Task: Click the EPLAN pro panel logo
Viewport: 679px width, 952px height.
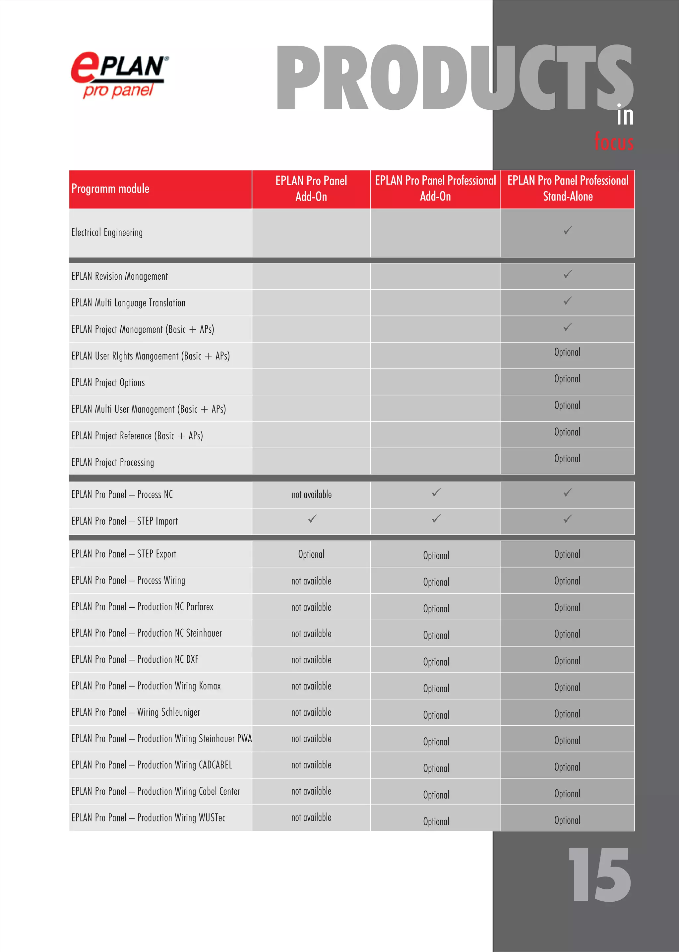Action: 120,74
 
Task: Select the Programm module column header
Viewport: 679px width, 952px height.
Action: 110,189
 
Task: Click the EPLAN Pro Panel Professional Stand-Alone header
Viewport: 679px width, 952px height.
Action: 567,189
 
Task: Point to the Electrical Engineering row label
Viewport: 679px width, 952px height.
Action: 107,232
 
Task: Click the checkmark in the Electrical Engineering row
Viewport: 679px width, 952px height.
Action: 567,230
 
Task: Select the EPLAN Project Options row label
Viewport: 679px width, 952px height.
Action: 108,382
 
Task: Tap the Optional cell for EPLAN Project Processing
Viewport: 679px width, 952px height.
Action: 567,459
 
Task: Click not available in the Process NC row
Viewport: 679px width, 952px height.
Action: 312,495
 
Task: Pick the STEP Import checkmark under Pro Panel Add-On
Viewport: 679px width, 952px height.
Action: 312,519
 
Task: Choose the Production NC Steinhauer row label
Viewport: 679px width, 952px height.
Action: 147,633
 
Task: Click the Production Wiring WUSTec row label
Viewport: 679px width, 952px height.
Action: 149,818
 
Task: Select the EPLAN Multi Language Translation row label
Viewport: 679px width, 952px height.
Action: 128,303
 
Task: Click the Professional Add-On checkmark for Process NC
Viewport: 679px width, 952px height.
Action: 436,493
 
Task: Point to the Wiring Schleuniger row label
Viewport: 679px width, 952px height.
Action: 136,712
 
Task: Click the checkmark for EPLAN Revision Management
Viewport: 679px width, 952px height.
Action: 567,274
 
